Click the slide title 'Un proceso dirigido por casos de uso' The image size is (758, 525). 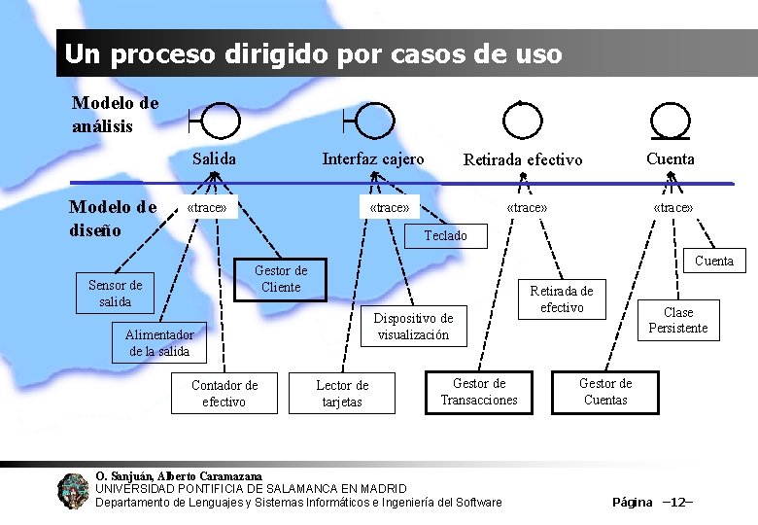pos(313,54)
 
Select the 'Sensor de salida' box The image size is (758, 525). pos(115,293)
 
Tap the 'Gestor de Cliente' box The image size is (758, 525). pos(280,279)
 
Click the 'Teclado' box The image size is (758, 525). pos(445,235)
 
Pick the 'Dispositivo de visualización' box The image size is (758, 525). pos(413,326)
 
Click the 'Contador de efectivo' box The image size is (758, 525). pos(224,393)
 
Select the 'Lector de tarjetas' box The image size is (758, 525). pos(342,394)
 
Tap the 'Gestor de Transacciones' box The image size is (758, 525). pos(479,392)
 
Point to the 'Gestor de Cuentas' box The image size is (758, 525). pos(605,392)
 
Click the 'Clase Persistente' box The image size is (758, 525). pos(677,320)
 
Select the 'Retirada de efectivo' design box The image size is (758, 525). pos(561,299)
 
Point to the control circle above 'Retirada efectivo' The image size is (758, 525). pos(522,121)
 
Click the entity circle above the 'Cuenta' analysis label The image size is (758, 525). pos(669,121)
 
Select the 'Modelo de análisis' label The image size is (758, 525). pos(115,115)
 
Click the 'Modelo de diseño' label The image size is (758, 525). pos(112,218)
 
